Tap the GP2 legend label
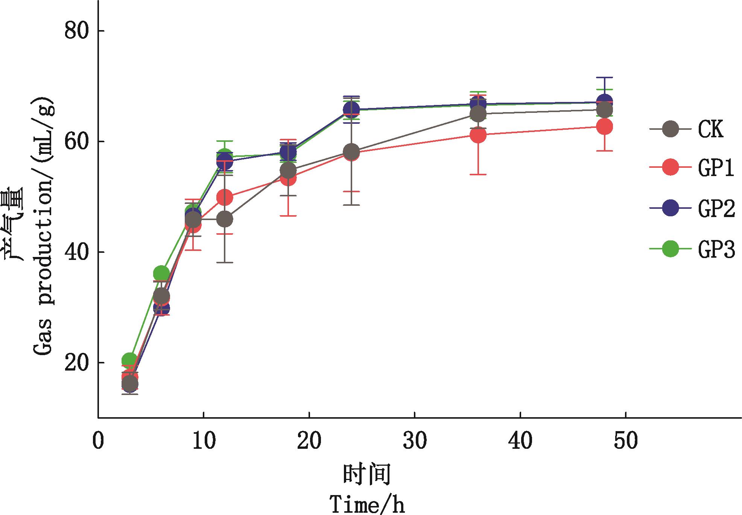click(716, 209)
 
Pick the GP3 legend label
click(716, 250)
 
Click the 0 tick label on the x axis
click(98, 441)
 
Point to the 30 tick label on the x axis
click(415, 441)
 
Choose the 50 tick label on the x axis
click(626, 441)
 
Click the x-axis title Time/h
click(367, 504)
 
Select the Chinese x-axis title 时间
click(366, 474)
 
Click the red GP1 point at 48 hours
click(605, 127)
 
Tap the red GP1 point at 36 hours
click(478, 135)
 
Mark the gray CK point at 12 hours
click(225, 219)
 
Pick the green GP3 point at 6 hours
click(161, 273)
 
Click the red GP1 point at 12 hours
click(225, 197)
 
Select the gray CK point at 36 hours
click(478, 114)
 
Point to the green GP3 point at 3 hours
click(130, 360)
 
